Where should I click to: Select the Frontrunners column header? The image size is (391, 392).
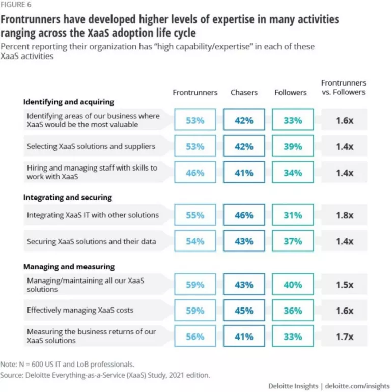[x=195, y=93]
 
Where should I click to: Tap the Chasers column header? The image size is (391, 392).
[x=244, y=93]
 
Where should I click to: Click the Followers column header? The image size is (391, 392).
[x=291, y=93]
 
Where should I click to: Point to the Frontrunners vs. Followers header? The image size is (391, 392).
[x=344, y=87]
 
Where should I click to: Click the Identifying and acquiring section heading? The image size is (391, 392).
[x=68, y=102]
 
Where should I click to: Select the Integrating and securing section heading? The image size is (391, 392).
[x=67, y=197]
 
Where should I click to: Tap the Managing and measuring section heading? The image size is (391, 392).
[x=69, y=267]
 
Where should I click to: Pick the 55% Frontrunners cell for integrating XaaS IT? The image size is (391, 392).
[x=195, y=215]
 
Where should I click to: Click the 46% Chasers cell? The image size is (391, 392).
[x=244, y=215]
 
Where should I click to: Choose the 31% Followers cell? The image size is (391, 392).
[x=293, y=215]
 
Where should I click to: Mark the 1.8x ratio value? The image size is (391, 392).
[x=344, y=215]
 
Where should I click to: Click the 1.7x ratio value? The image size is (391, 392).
[x=344, y=337]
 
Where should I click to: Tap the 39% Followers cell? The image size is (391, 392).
[x=293, y=147]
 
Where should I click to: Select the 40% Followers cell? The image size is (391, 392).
[x=293, y=285]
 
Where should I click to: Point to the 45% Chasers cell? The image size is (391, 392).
[x=244, y=311]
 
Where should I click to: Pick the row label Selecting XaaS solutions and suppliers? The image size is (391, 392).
[x=91, y=147]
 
